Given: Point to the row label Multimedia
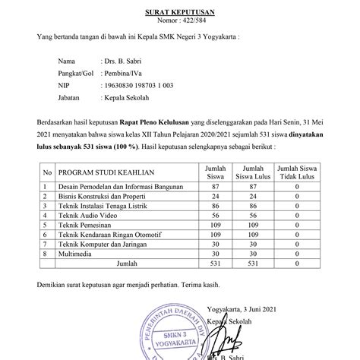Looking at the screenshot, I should [80, 254].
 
